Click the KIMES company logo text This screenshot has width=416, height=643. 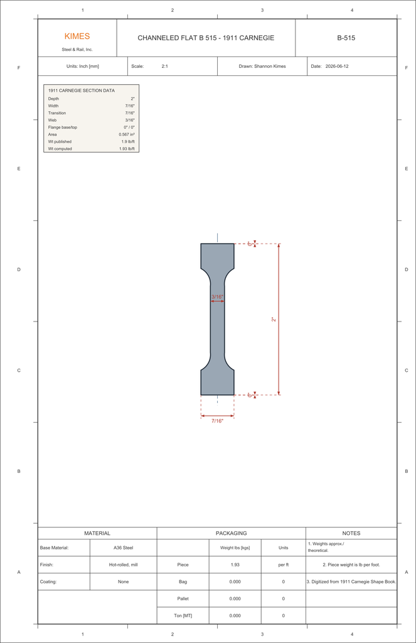[77, 36]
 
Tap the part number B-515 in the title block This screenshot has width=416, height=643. [346, 38]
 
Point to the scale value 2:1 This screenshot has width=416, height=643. [164, 66]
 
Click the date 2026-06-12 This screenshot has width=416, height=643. [337, 66]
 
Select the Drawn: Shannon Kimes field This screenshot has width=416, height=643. [262, 66]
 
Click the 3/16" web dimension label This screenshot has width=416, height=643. [217, 296]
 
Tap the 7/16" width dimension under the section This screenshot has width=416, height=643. [217, 421]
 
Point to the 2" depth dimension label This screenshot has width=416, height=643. [274, 320]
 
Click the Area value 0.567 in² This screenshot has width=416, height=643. [127, 134]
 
